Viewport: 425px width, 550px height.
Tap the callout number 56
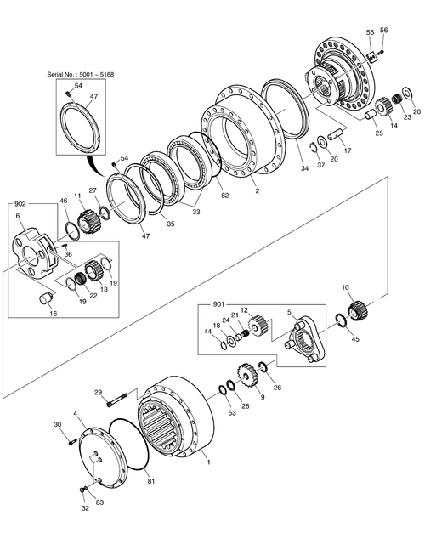tap(382, 31)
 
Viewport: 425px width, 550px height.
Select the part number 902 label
tap(20, 205)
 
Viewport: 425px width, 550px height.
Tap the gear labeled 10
tap(357, 308)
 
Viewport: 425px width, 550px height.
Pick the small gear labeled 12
tap(258, 327)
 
